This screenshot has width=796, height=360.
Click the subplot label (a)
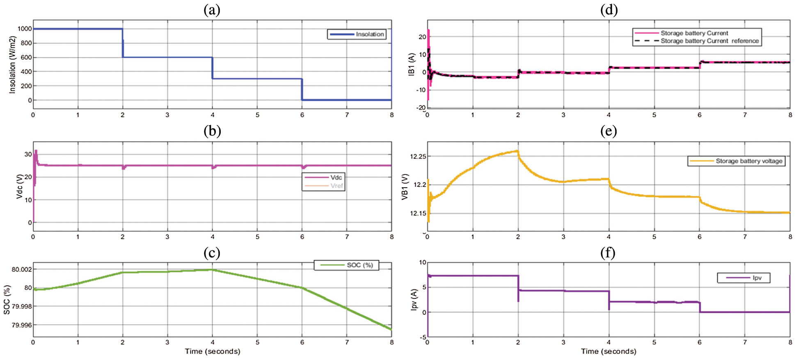pos(212,10)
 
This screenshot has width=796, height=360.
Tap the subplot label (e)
pos(608,131)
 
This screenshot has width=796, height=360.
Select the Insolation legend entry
pos(370,34)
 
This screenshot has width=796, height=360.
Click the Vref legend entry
pos(336,186)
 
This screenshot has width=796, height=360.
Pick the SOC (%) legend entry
pos(359,265)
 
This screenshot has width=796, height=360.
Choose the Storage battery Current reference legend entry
pos(709,41)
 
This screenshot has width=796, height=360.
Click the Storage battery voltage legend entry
pos(749,161)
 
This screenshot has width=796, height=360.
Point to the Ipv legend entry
pos(757,278)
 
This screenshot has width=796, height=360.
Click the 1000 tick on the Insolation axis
pos(24,29)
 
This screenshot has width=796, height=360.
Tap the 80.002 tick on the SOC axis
pos(21,270)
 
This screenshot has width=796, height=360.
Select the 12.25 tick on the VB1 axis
pos(418,156)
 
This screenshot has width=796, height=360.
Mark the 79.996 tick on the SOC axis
pos(21,325)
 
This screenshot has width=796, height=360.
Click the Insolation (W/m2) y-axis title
pos(12,64)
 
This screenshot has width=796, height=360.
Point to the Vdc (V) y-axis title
pos(19,186)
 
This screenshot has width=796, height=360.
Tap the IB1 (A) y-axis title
pos(412,64)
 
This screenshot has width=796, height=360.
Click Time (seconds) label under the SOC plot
pos(212,351)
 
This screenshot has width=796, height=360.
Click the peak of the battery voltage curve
pos(517,151)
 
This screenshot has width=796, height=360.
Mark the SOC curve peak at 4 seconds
pos(212,270)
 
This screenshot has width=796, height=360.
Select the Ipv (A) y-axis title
pos(414,300)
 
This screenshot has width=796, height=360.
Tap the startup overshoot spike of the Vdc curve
pos(36,151)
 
